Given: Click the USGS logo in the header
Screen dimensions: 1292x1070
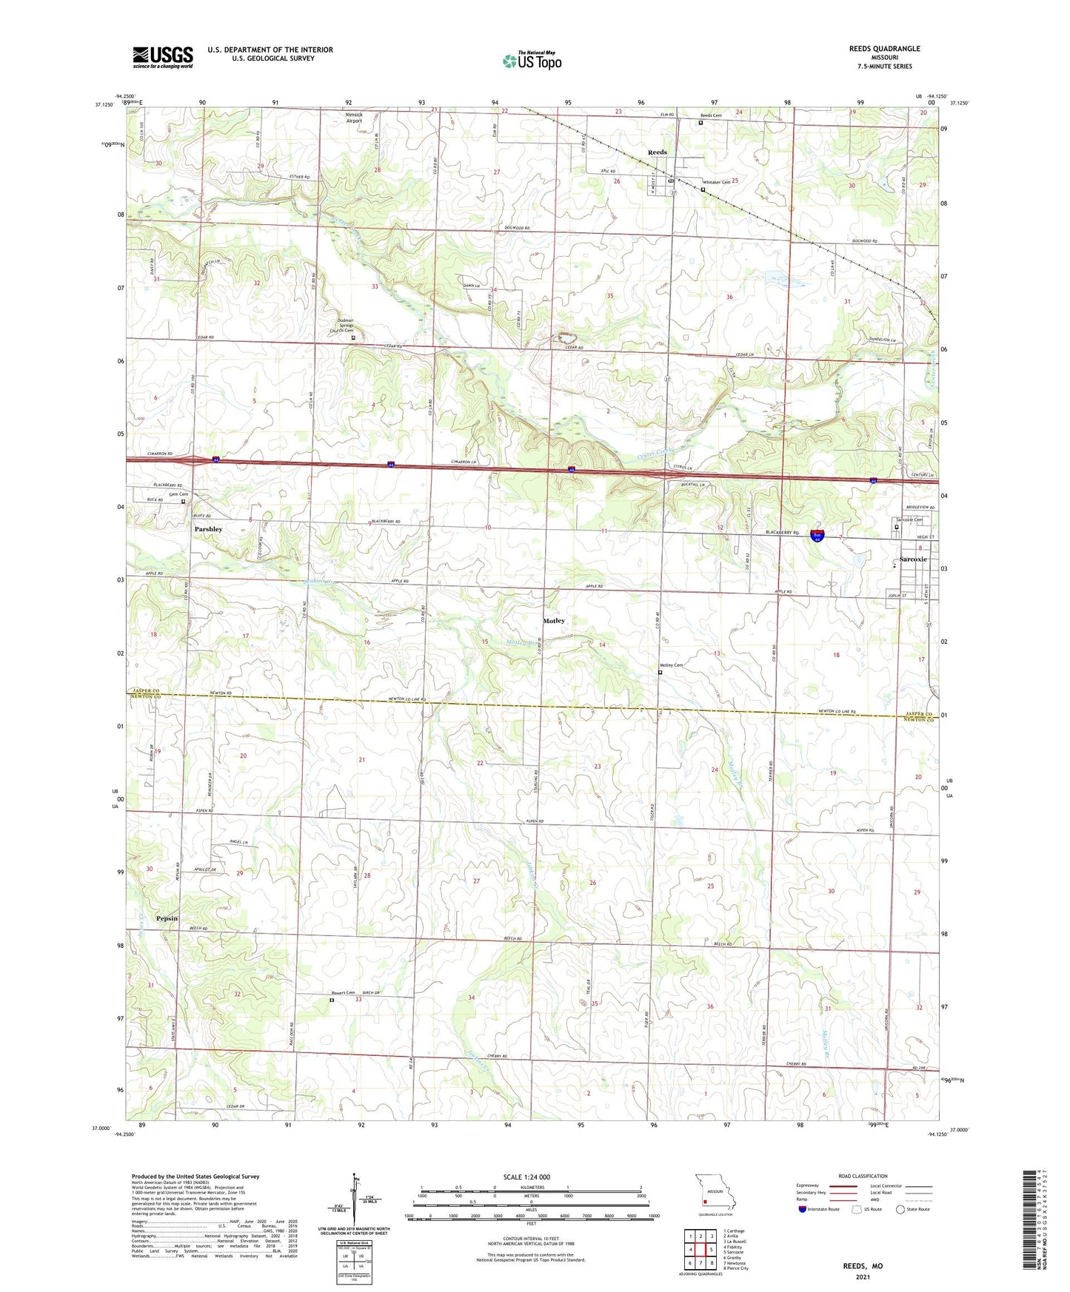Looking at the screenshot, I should [x=163, y=56].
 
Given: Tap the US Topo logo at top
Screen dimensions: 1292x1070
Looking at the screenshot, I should [x=532, y=61].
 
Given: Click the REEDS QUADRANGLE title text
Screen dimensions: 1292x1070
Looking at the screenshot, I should [x=884, y=49].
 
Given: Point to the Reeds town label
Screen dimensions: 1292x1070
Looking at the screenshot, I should [x=657, y=152].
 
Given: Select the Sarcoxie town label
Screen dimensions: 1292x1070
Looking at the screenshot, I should [x=913, y=559].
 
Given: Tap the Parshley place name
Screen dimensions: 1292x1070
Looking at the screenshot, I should [x=208, y=529].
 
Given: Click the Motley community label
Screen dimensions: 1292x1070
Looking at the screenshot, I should [x=554, y=621].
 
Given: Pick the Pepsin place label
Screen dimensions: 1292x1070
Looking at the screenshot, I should [x=167, y=918].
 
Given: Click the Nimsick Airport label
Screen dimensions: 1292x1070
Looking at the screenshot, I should [x=354, y=118].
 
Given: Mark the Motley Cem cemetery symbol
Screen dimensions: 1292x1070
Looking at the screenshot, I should [x=660, y=673].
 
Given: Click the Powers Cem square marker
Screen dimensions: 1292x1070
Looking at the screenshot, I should [x=332, y=1000].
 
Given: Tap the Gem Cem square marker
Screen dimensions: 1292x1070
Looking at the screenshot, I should [x=184, y=502].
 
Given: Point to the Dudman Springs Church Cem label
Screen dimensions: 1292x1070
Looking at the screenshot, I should [x=342, y=326].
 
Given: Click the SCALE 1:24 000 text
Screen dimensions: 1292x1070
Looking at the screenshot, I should [x=526, y=1177].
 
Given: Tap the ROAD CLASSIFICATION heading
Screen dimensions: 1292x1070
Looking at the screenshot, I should [x=863, y=1176].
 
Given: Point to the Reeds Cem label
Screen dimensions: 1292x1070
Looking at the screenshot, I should [x=711, y=115].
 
